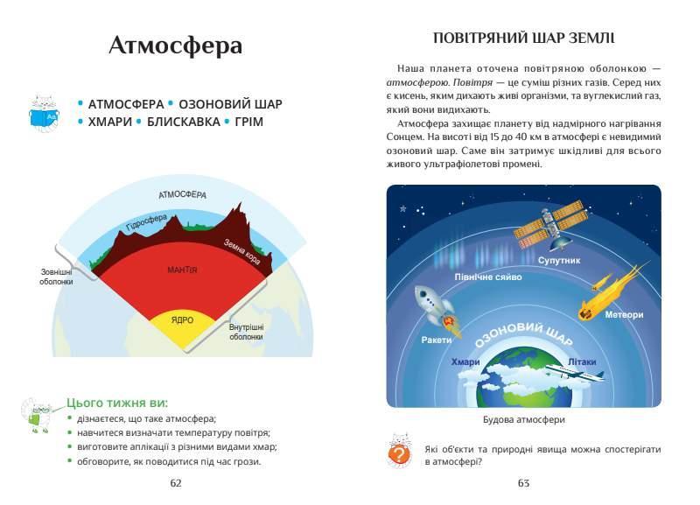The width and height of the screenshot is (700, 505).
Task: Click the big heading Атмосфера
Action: pyautogui.click(x=176, y=46)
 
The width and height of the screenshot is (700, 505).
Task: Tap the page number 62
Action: pyautogui.click(x=176, y=482)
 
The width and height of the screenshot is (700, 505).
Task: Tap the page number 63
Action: pyautogui.click(x=523, y=482)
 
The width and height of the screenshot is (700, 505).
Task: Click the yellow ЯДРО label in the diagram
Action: pyautogui.click(x=182, y=320)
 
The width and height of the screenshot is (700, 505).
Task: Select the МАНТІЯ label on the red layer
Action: pyautogui.click(x=182, y=270)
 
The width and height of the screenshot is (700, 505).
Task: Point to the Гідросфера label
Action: pyautogui.click(x=147, y=222)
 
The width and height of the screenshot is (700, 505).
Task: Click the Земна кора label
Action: pyautogui.click(x=242, y=251)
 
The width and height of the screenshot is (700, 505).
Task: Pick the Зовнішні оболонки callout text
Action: pyautogui.click(x=56, y=277)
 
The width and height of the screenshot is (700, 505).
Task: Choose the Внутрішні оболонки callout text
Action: pyautogui.click(x=247, y=332)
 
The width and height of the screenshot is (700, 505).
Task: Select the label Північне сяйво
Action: pyautogui.click(x=488, y=277)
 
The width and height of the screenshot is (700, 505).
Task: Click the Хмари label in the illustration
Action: pyautogui.click(x=465, y=361)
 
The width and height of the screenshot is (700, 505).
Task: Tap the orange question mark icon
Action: pyautogui.click(x=399, y=454)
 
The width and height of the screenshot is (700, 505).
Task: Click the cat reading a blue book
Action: pyautogui.click(x=43, y=113)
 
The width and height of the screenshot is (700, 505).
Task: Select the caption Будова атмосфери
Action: pyautogui.click(x=523, y=420)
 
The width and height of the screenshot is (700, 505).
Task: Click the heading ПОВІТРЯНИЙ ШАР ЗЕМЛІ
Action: pyautogui.click(x=523, y=39)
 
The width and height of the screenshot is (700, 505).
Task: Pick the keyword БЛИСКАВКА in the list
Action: pyautogui.click(x=184, y=122)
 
